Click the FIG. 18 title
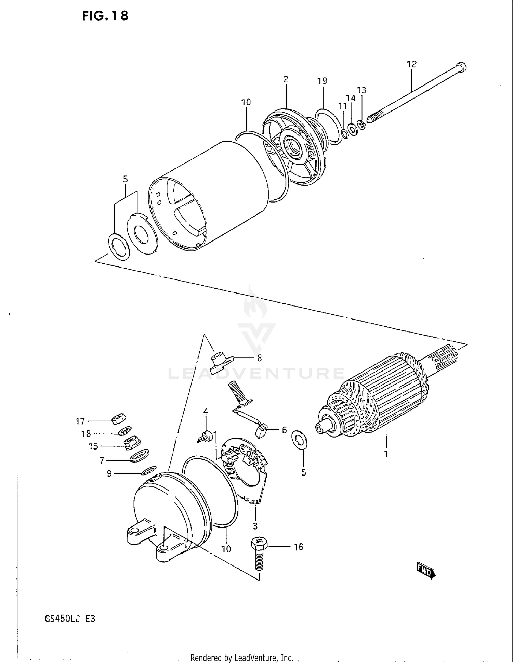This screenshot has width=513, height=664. [105, 16]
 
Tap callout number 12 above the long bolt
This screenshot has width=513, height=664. [411, 64]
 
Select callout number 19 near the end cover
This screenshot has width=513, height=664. [322, 81]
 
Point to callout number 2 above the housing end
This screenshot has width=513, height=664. [286, 79]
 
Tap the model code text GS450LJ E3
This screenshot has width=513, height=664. [70, 619]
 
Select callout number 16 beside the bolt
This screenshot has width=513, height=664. [298, 547]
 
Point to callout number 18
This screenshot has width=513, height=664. [86, 434]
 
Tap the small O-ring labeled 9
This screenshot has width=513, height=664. [149, 471]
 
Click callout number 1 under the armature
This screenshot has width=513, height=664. [386, 454]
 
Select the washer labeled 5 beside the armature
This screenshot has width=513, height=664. [299, 440]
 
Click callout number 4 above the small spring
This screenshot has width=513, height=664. [206, 412]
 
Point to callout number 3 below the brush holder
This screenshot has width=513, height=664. [255, 525]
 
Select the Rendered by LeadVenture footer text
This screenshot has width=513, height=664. [242, 658]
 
